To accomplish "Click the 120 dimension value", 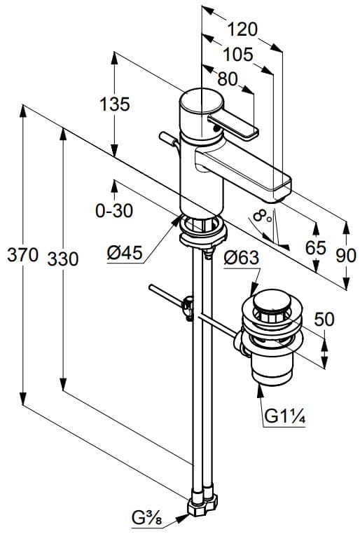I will [x=243, y=29].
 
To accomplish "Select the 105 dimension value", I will [x=238, y=55].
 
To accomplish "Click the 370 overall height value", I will [x=22, y=256].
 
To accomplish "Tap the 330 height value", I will [x=63, y=259].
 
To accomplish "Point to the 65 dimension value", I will [x=316, y=248].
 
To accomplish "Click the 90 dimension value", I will [x=346, y=255].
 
